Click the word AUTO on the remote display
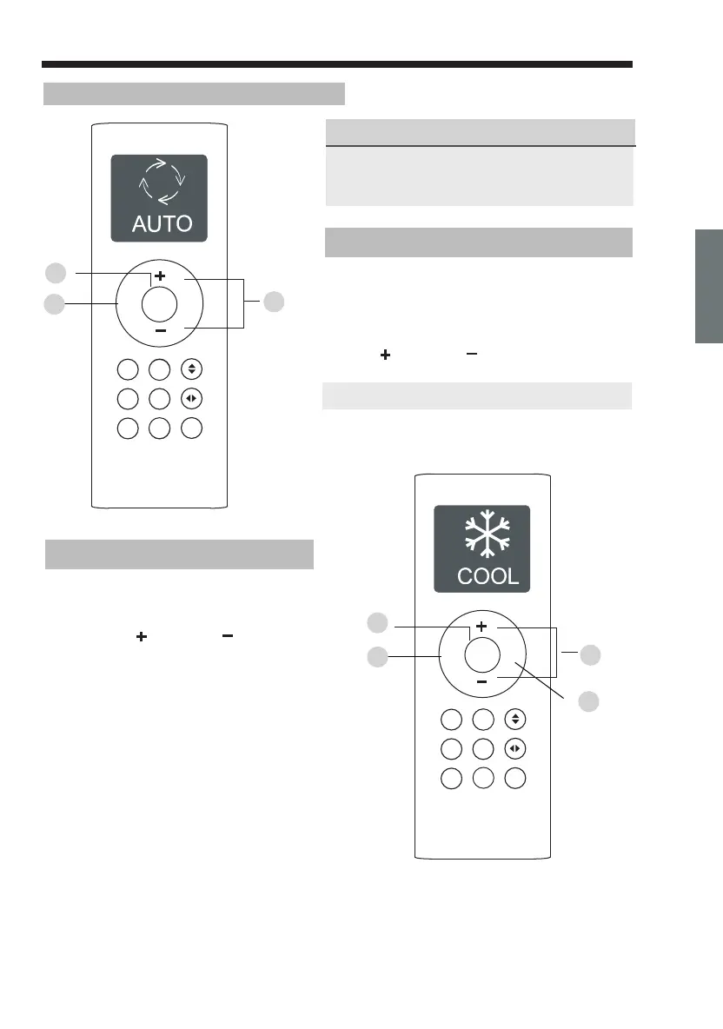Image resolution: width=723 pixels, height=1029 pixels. click(162, 223)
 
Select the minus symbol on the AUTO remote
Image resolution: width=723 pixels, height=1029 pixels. click(160, 331)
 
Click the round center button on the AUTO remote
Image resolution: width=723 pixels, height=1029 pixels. click(159, 302)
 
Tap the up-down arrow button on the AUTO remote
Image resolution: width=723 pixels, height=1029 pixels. click(191, 369)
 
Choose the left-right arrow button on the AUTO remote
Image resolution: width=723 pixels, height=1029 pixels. click(191, 399)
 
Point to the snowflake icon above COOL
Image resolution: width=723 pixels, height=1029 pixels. click(481, 536)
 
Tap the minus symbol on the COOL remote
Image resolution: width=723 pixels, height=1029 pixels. click(481, 682)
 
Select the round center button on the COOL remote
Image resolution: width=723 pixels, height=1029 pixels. click(482, 654)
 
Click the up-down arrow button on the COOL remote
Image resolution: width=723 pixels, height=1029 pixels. click(514, 720)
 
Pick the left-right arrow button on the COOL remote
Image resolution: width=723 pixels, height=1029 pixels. click(514, 749)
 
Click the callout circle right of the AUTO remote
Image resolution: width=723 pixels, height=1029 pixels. click(274, 302)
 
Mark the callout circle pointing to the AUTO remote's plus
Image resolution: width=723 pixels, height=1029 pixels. click(55, 273)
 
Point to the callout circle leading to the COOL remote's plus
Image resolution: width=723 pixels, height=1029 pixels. click(377, 623)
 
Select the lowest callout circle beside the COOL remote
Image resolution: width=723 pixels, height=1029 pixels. click(589, 700)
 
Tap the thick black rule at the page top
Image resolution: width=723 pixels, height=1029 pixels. click(336, 65)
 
